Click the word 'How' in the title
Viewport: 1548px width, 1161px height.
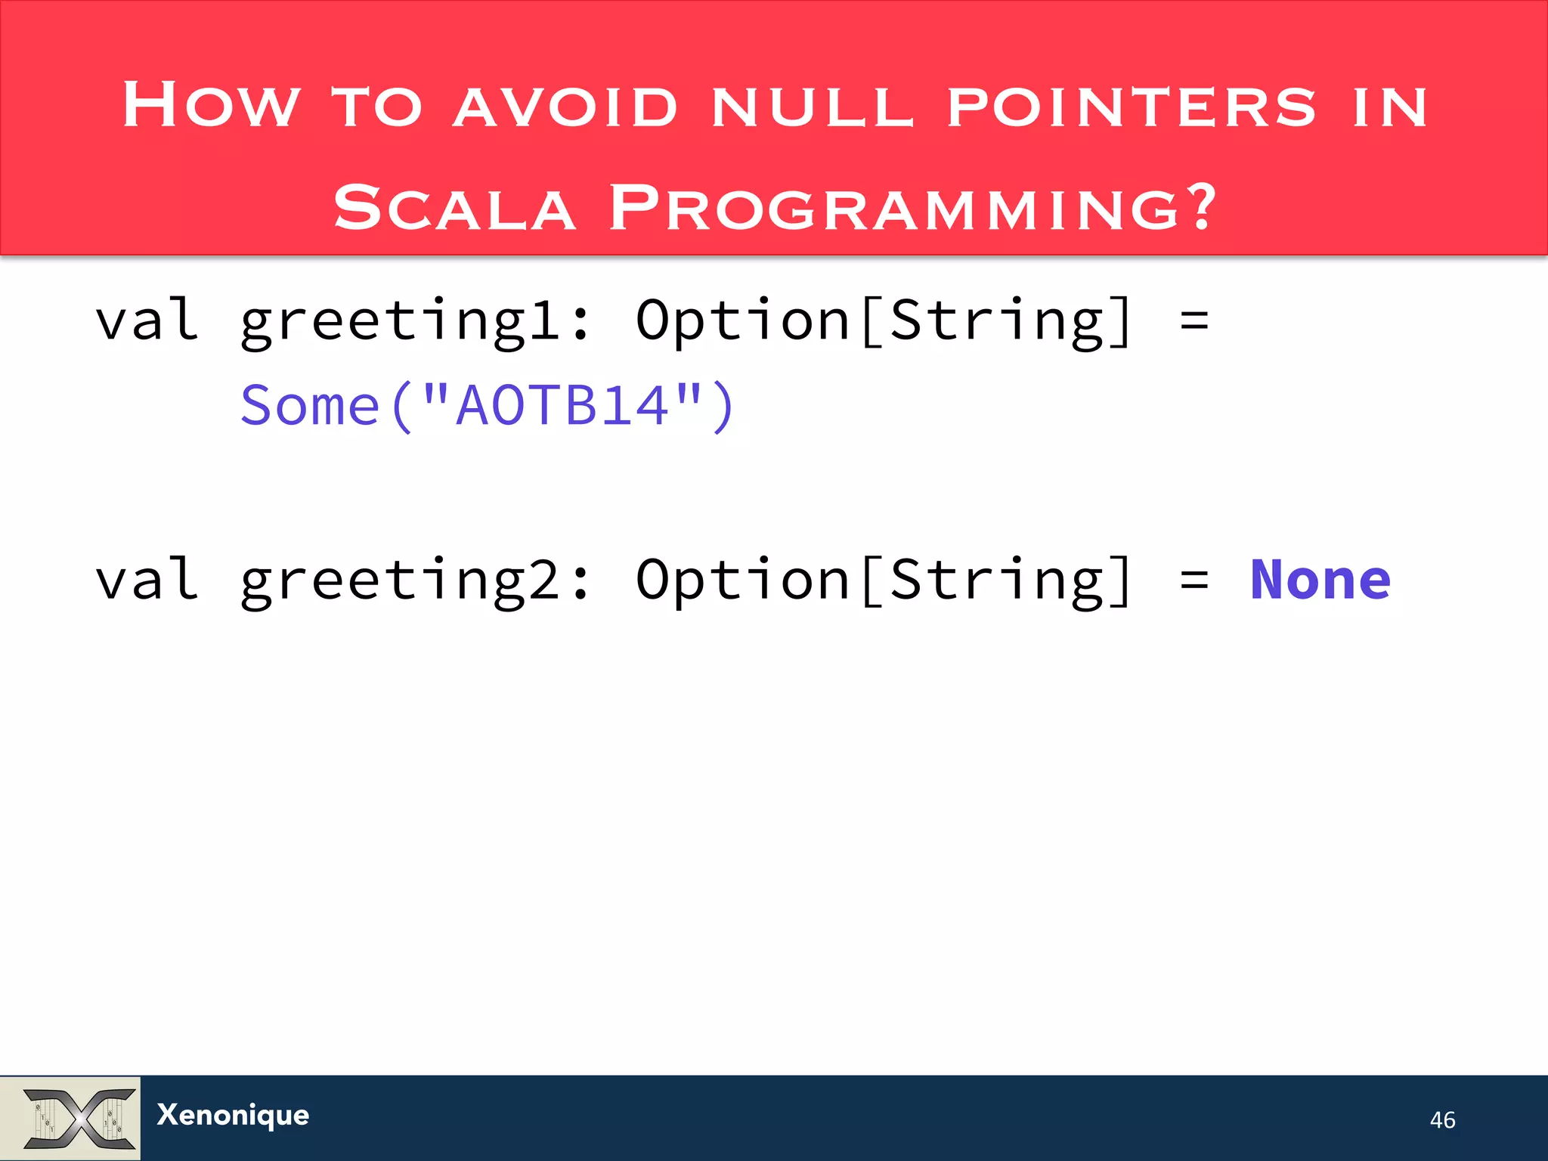click(211, 105)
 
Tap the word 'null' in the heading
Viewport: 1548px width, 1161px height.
click(813, 107)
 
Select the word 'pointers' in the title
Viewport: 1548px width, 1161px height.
click(1132, 107)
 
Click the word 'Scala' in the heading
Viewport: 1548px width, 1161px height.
click(454, 208)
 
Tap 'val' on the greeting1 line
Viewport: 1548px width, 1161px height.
click(147, 320)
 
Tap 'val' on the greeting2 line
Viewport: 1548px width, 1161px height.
click(147, 580)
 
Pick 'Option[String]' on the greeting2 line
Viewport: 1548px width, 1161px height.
click(883, 580)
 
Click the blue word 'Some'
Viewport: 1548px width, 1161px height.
click(310, 407)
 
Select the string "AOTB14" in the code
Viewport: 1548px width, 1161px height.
click(562, 406)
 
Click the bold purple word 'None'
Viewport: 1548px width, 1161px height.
click(1320, 580)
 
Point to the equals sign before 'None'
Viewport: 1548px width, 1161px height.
click(1194, 580)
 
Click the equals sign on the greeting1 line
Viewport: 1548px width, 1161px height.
click(1194, 321)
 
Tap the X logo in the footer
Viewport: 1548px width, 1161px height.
click(79, 1118)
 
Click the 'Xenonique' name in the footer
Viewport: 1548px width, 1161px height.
click(233, 1116)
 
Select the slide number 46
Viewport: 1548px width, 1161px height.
click(1442, 1119)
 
